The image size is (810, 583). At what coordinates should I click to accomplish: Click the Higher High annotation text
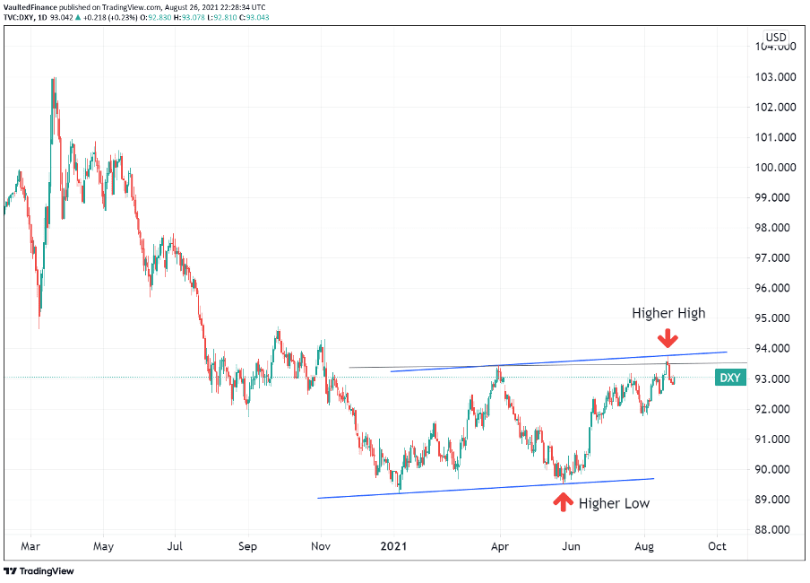tap(668, 313)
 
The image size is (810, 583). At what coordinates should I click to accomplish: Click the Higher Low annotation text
tap(614, 503)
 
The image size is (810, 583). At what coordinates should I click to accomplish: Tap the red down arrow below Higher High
tap(667, 338)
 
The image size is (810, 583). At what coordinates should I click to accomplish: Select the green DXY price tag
tap(730, 378)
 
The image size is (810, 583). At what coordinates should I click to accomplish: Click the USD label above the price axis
tap(776, 38)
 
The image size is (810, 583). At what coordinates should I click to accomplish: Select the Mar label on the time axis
tap(30, 545)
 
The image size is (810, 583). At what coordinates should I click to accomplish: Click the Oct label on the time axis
tap(717, 545)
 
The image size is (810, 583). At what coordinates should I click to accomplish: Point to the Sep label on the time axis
tap(248, 545)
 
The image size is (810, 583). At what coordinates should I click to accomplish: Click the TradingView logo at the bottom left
tap(39, 570)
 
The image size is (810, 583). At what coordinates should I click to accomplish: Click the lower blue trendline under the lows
tap(484, 488)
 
